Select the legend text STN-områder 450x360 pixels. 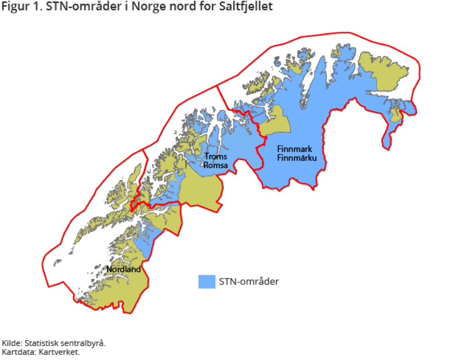(249, 281)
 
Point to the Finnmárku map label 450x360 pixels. (297, 157)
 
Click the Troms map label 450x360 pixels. (216, 157)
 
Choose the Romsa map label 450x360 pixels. (216, 165)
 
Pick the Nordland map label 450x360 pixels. (124, 270)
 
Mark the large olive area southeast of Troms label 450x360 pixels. (201, 189)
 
